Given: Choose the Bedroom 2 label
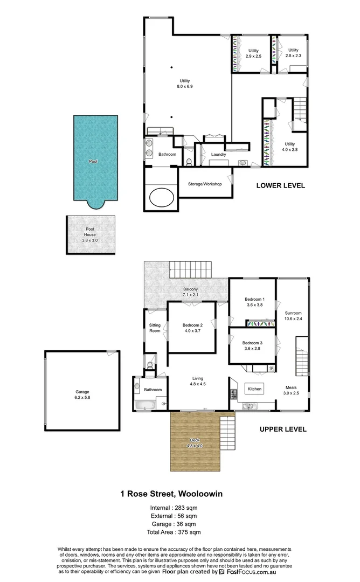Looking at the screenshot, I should tap(192, 328).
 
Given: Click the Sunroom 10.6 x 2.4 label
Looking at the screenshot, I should tap(293, 316).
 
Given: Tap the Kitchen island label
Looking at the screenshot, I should tap(254, 389).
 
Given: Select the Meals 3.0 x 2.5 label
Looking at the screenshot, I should tap(292, 390).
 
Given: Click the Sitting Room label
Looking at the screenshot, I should tap(155, 328).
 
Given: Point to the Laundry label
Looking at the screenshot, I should tap(218, 155).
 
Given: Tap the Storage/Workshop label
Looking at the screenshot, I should tap(205, 184).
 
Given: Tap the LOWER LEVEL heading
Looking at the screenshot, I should tap(280, 185).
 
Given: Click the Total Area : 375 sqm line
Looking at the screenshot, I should tap(175, 532).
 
